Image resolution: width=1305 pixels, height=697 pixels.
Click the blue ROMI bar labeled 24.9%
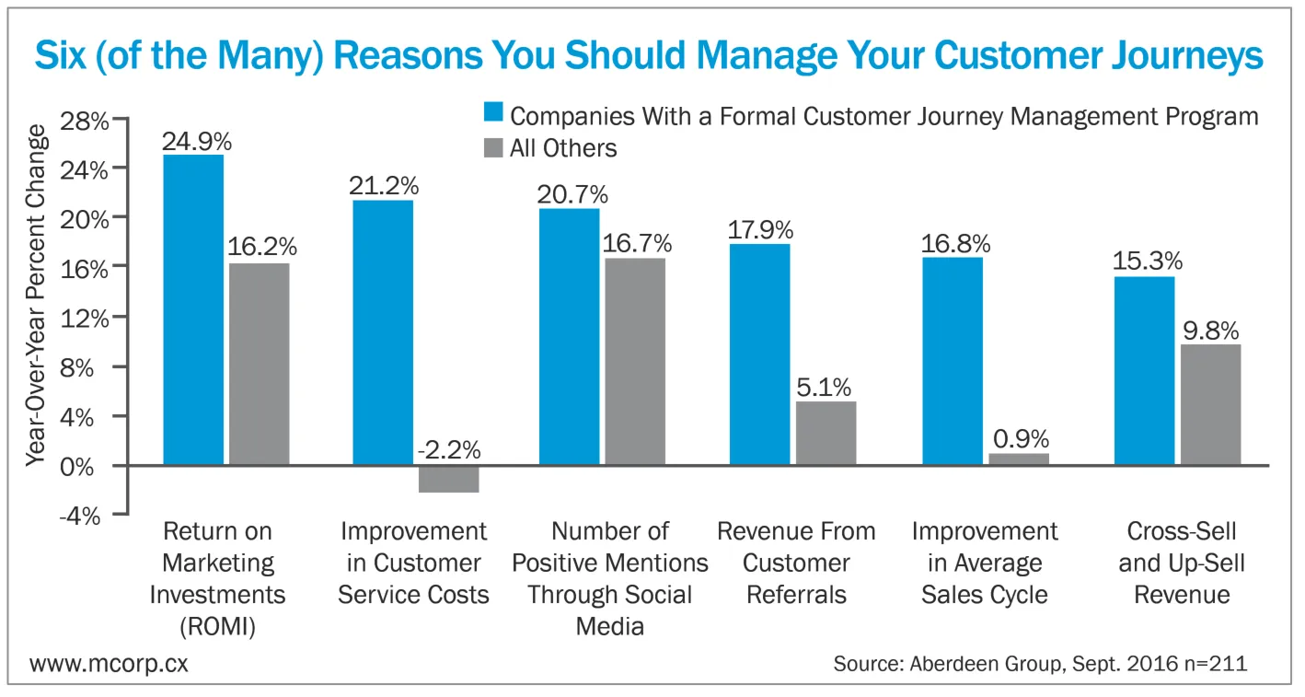pos(193,309)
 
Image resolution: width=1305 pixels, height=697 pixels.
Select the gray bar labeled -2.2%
pos(448,479)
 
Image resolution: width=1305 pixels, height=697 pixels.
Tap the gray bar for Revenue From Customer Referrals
pos(826,433)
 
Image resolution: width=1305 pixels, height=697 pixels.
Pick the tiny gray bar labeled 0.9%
pos(1018,459)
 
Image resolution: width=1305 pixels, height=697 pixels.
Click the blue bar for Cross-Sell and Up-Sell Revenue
pos(1144,370)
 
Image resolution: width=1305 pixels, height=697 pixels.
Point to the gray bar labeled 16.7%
pos(634,361)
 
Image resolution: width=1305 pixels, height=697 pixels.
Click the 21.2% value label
pos(383,185)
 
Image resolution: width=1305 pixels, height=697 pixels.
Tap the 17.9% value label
pos(759,229)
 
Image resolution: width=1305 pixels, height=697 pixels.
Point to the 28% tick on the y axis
pos(85,121)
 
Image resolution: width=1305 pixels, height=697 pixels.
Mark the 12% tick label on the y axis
pos(85,318)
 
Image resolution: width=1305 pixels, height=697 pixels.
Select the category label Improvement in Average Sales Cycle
pos(985,563)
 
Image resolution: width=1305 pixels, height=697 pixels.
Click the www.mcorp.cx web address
pos(110,664)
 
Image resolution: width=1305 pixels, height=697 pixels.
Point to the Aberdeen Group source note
pos(1040,664)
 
